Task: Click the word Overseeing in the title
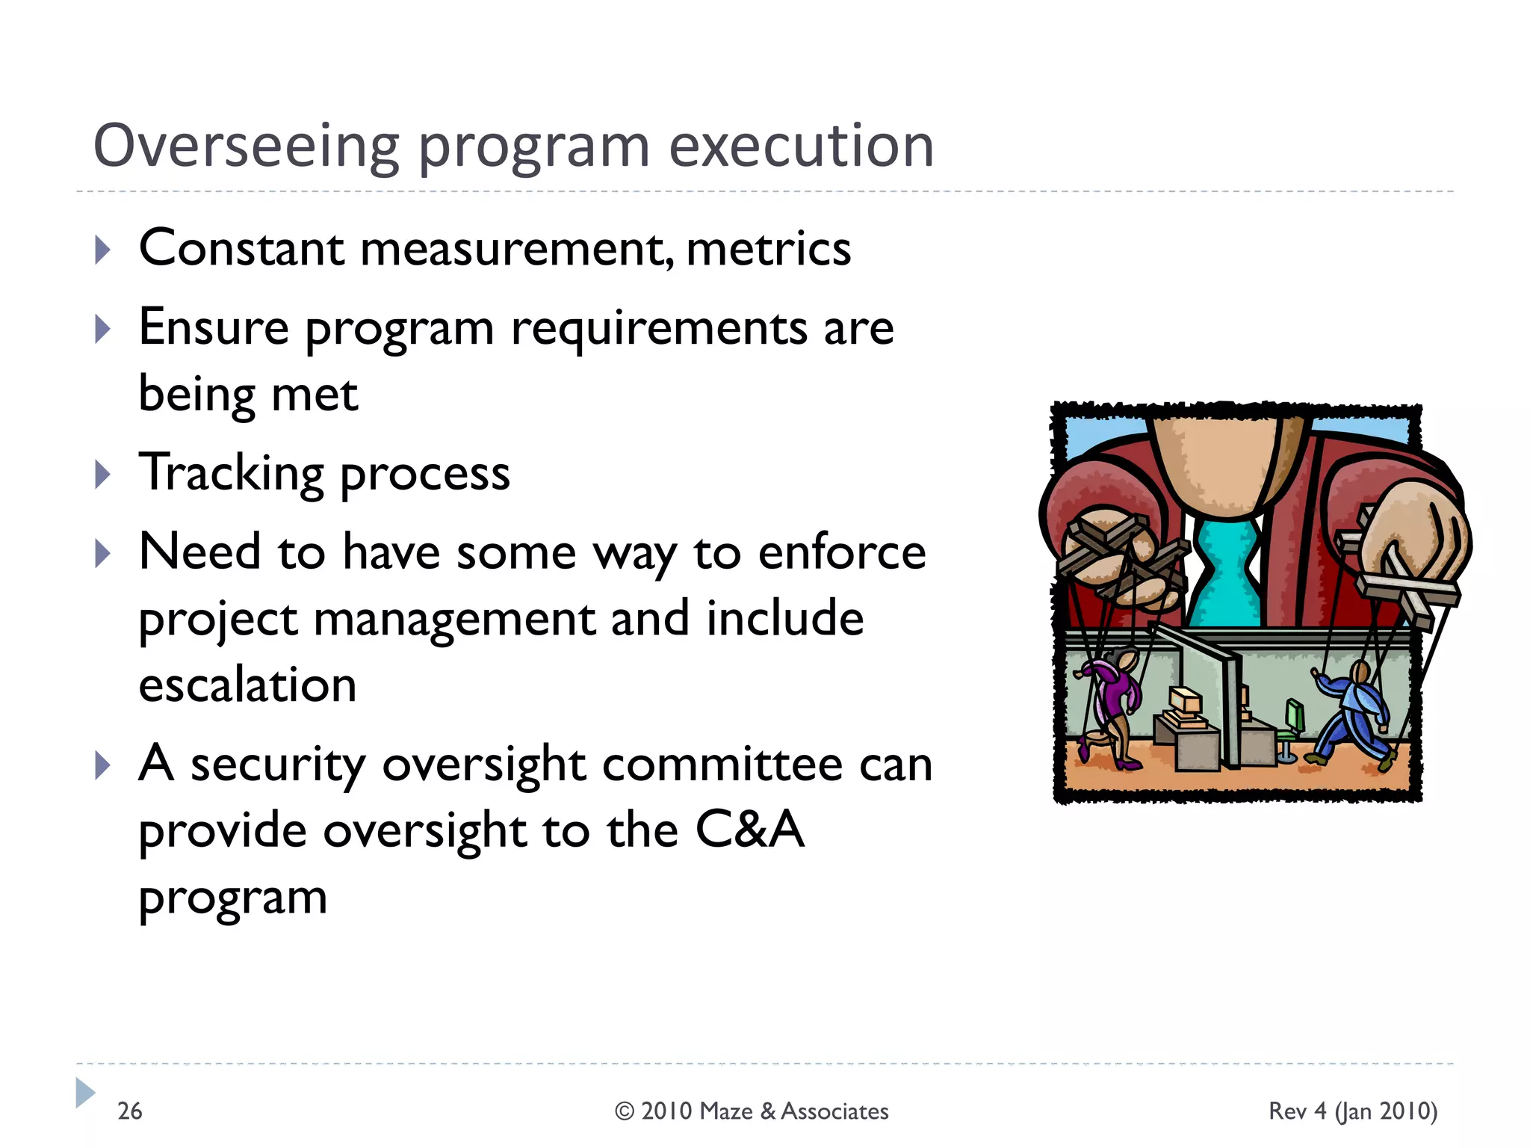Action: click(246, 146)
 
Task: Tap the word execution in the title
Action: click(801, 146)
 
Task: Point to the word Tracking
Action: click(232, 474)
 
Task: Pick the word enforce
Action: click(842, 553)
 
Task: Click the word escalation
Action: click(247, 685)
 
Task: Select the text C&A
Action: click(749, 830)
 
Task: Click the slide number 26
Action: click(129, 1111)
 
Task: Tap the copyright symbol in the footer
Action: click(625, 1111)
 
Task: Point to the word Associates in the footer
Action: click(834, 1111)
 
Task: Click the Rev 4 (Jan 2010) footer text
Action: click(1352, 1111)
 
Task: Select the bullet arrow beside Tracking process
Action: click(103, 475)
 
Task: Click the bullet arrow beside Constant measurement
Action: click(103, 250)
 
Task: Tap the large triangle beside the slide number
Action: click(85, 1093)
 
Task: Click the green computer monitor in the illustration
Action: click(1295, 715)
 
